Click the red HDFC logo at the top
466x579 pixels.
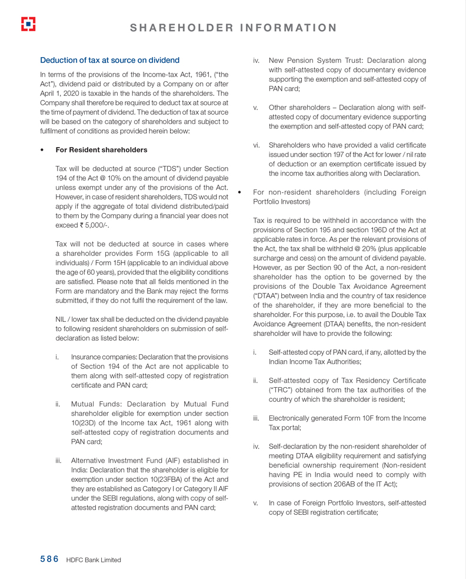pos(28,24)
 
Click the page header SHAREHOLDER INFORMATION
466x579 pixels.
pos(233,28)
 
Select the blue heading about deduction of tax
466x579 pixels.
pos(109,61)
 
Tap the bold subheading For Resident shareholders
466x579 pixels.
pos(101,150)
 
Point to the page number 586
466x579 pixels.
pos(49,560)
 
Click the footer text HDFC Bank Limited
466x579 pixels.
pos(94,560)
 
